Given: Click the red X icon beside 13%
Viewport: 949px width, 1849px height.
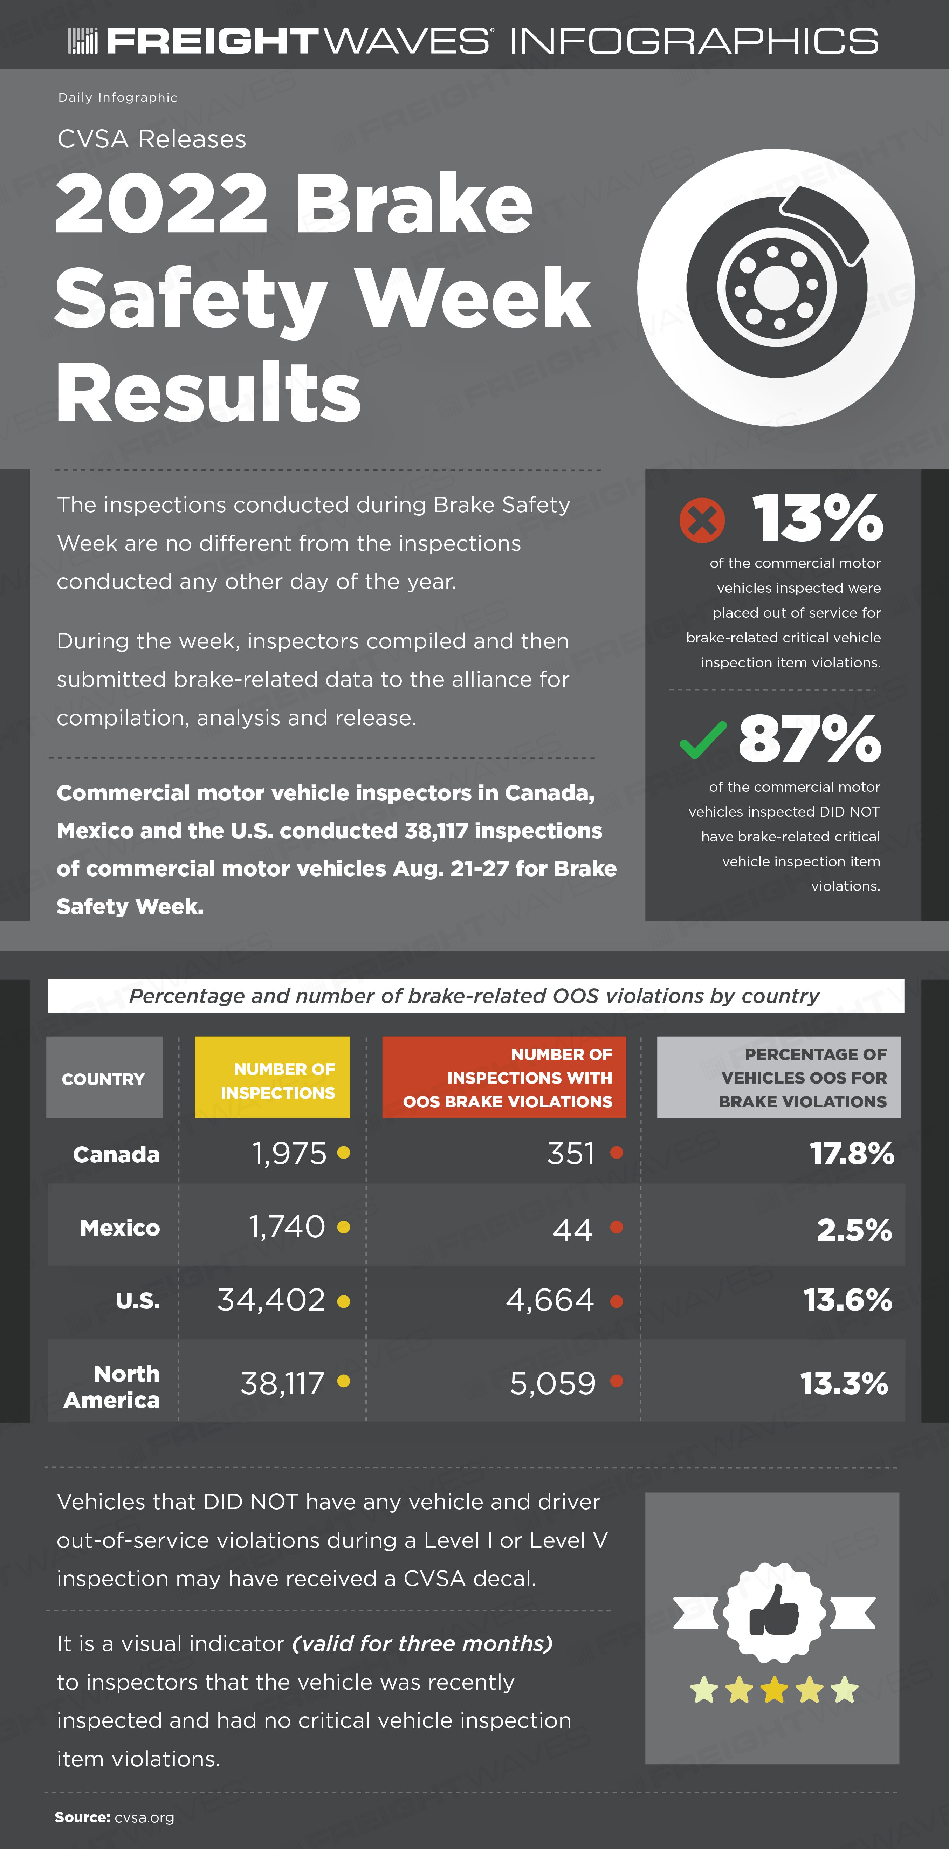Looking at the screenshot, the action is pyautogui.click(x=702, y=520).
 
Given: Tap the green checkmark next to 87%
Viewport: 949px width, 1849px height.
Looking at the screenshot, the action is pyautogui.click(x=703, y=740).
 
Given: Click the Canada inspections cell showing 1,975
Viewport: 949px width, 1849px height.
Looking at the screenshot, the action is pyautogui.click(x=289, y=1154).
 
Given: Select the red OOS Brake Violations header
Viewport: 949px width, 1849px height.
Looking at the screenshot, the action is pyautogui.click(x=504, y=1077).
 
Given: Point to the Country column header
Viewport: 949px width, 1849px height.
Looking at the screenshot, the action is pyautogui.click(x=104, y=1077).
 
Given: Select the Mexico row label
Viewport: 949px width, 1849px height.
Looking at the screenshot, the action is pyautogui.click(x=120, y=1228).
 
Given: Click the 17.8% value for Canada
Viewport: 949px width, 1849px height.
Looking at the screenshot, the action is pyautogui.click(x=852, y=1154).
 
